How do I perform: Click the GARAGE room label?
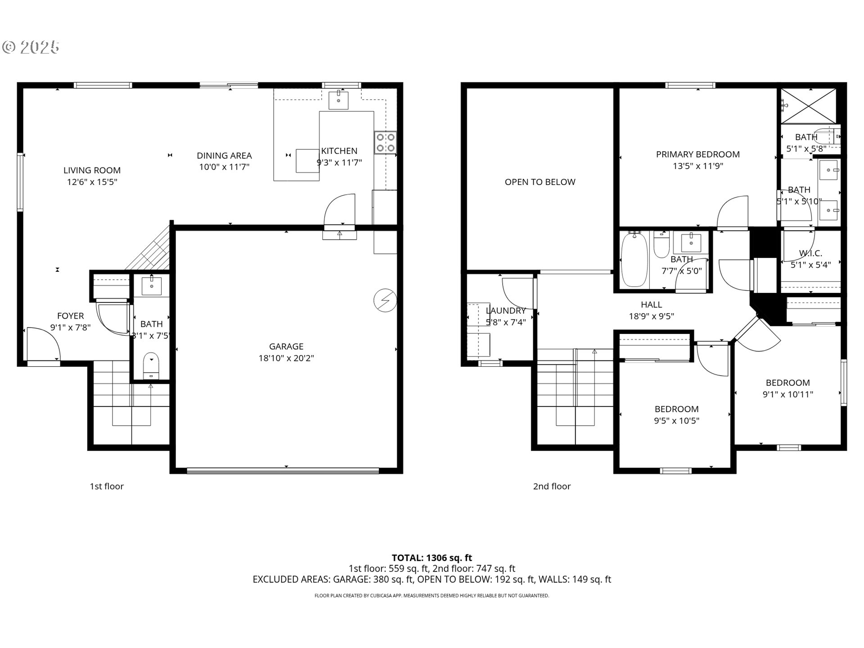click(x=286, y=346)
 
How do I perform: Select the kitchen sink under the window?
click(x=338, y=100)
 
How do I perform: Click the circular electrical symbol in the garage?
click(x=385, y=301)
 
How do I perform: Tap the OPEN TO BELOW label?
click(x=540, y=182)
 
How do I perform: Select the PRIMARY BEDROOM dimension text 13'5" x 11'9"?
click(x=697, y=166)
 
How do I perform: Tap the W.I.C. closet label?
click(x=810, y=253)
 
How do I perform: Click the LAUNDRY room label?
click(x=506, y=310)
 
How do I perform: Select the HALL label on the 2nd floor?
click(x=651, y=305)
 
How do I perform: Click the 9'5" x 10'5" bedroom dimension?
click(x=676, y=421)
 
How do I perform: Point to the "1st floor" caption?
click(x=107, y=486)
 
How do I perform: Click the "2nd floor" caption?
click(x=552, y=486)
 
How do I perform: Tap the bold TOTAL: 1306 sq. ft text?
click(x=432, y=558)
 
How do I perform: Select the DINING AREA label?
click(x=224, y=156)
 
